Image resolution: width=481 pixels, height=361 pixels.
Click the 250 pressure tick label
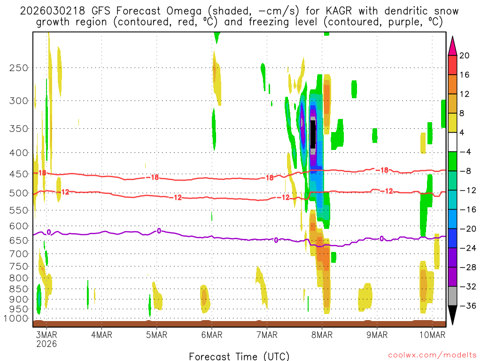(18, 68)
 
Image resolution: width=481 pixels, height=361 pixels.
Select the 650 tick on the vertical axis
(18, 240)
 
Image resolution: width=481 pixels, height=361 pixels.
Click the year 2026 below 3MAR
(47, 344)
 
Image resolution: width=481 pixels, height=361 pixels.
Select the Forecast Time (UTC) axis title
(239, 356)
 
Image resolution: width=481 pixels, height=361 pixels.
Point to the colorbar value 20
(465, 55)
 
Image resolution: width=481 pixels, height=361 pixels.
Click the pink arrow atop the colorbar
(452, 45)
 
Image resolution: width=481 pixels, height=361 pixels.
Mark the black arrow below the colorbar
(452, 315)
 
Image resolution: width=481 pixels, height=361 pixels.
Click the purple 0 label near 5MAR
(159, 230)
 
